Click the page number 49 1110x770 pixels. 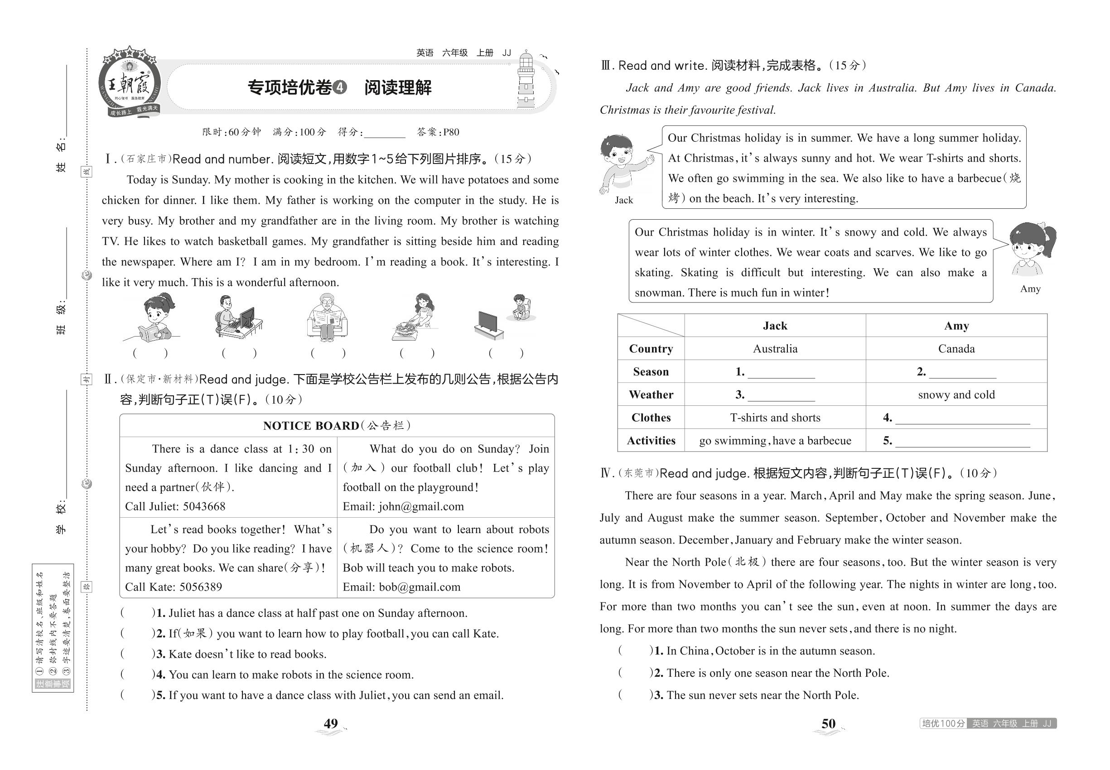click(331, 723)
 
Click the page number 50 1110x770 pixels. click(828, 723)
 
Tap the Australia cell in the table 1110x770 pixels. click(775, 349)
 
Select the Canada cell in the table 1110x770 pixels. click(956, 349)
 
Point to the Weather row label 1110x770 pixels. click(651, 395)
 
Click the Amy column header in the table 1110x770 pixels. click(956, 326)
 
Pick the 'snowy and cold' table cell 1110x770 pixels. click(956, 395)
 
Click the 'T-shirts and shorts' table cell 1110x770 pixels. click(775, 418)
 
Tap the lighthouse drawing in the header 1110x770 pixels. click(526, 81)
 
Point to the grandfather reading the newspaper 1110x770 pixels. click(327, 317)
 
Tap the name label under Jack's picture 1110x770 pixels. click(623, 200)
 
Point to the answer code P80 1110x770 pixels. click(451, 132)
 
